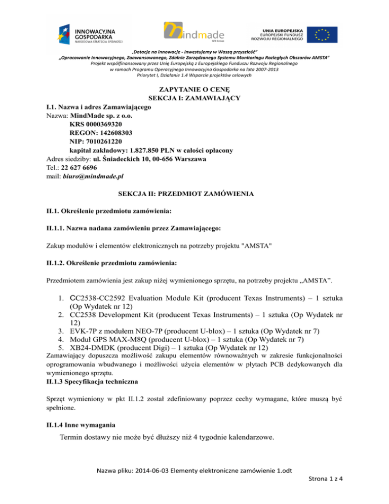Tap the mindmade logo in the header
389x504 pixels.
point(194,34)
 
